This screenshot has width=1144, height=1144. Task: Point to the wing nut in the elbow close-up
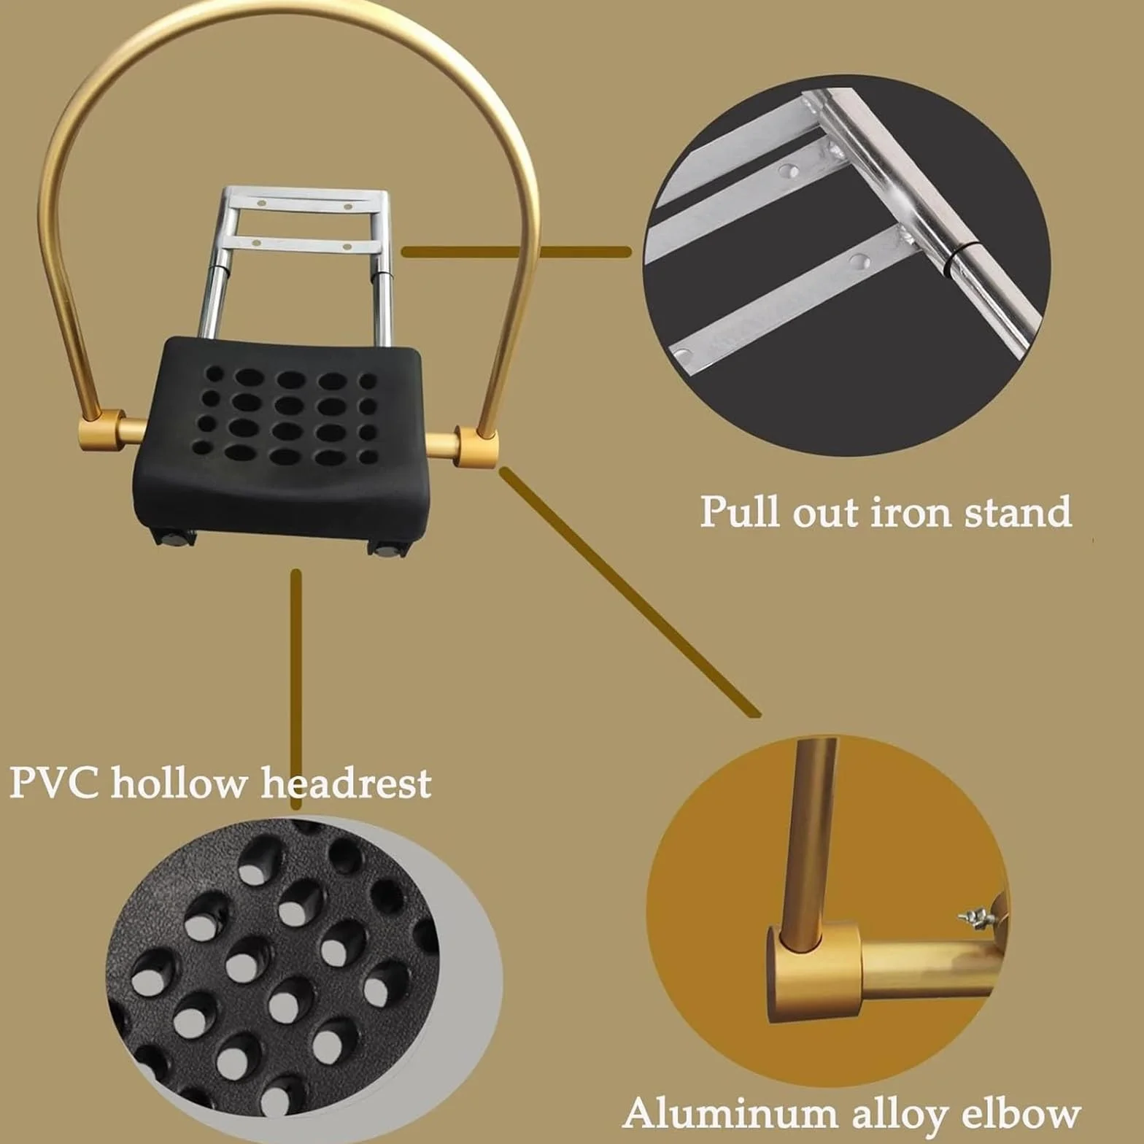point(978,913)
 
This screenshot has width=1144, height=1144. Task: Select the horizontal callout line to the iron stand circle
point(517,252)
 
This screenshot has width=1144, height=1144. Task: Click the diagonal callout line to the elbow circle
point(630,592)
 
